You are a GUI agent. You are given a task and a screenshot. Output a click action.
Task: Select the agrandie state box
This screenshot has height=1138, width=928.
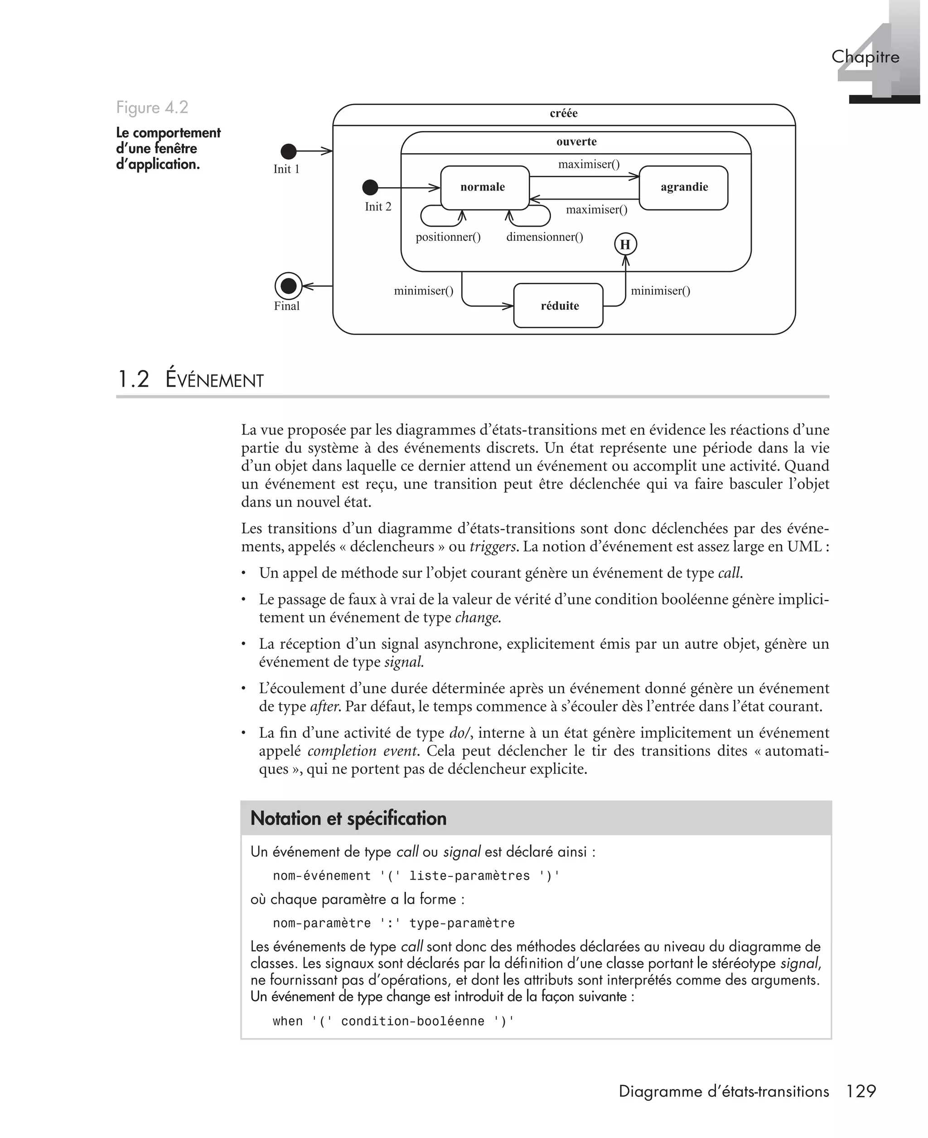coord(683,187)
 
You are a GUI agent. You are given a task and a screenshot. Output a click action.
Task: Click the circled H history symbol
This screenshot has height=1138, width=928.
coord(625,245)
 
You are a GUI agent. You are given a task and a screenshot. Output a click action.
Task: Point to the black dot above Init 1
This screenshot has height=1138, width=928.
coord(289,151)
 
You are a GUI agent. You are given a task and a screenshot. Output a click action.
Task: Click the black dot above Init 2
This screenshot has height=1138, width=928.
coord(370,188)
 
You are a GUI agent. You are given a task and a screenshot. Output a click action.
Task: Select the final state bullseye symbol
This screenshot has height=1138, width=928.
coord(288,286)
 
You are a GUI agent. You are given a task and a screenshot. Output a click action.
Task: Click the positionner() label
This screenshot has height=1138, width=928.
coord(448,237)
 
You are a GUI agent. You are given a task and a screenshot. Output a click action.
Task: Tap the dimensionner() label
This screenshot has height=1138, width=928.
coord(544,237)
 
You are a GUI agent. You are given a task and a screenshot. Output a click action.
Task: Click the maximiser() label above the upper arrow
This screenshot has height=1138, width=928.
coord(589,164)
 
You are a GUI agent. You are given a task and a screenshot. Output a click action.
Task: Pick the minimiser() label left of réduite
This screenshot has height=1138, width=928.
coord(423,291)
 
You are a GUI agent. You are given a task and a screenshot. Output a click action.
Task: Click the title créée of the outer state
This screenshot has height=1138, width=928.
coord(563,113)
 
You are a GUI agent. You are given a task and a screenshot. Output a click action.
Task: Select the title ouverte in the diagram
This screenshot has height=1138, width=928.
coord(576,142)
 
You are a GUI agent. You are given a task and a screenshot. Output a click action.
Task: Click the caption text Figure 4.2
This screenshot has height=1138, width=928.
coord(152,107)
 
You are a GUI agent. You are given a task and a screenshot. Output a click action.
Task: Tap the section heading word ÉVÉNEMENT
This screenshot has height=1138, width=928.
coord(214,380)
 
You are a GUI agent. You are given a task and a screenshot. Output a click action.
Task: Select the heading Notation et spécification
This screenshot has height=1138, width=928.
coord(348,819)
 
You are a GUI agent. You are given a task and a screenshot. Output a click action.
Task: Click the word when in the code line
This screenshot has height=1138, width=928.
coord(288,1021)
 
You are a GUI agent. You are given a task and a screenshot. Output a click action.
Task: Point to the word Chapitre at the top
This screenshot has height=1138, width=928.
coord(865,57)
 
